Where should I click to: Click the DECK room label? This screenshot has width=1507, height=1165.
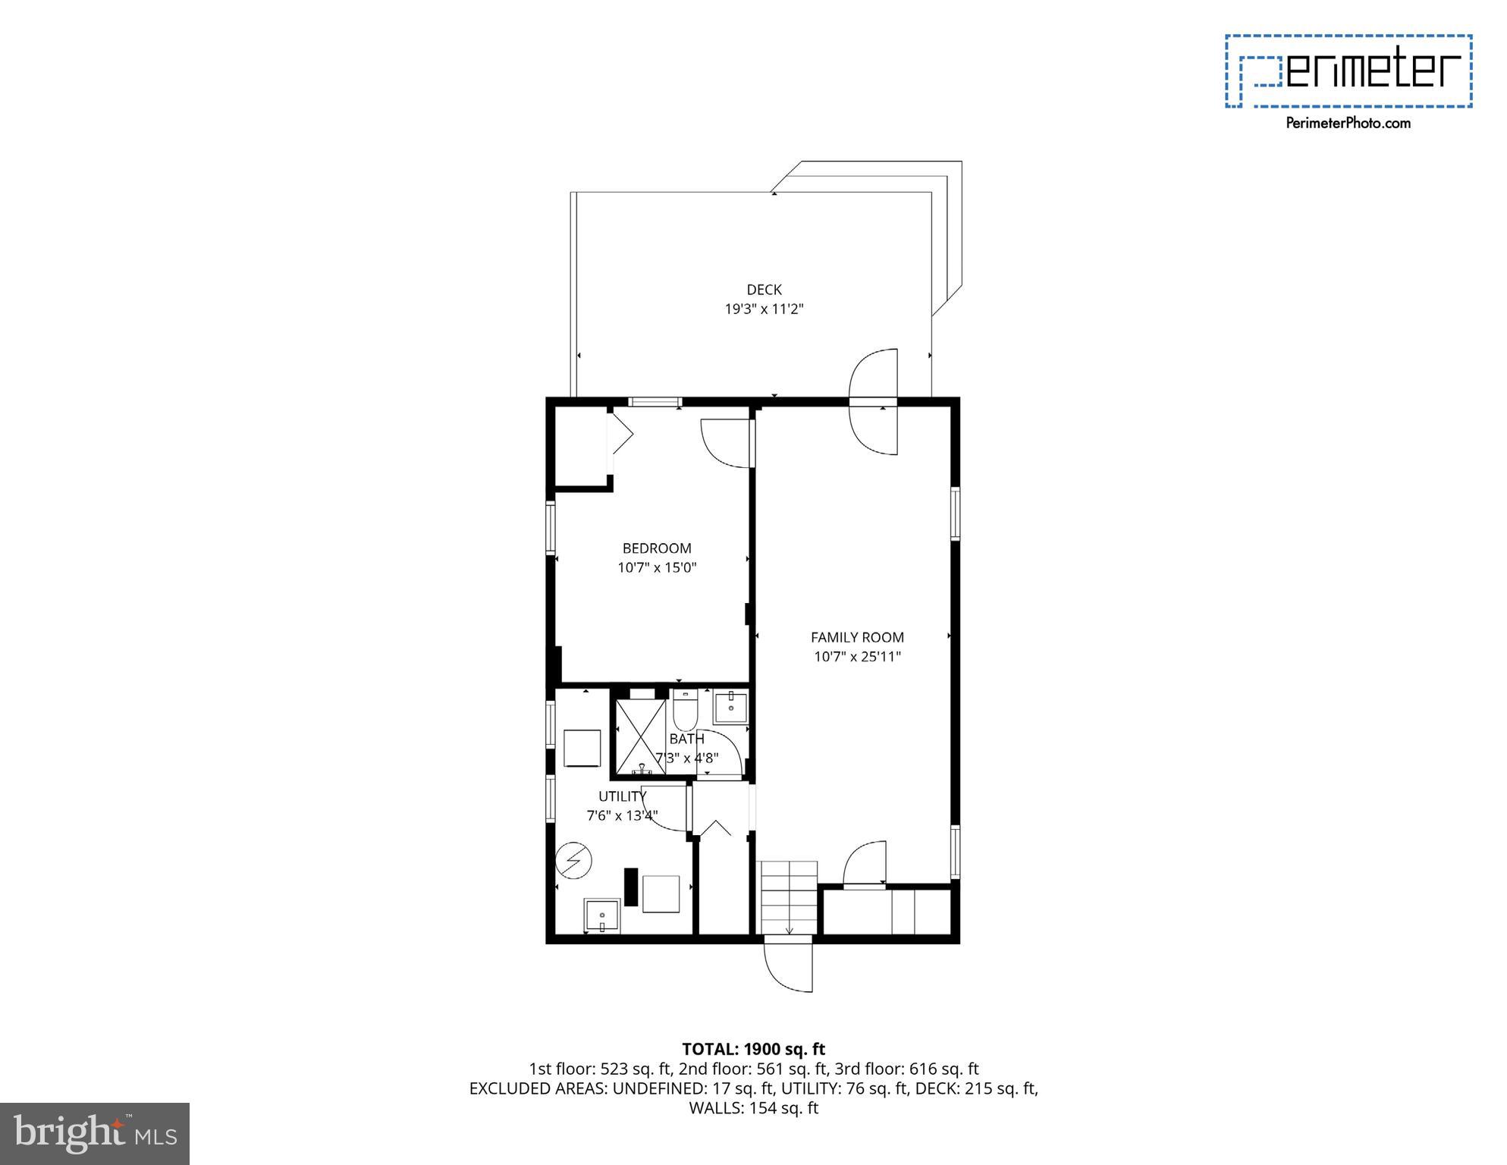(764, 289)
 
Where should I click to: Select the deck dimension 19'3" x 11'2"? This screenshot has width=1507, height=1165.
(764, 309)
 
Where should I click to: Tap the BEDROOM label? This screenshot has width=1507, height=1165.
(657, 548)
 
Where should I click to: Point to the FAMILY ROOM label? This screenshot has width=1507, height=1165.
(857, 637)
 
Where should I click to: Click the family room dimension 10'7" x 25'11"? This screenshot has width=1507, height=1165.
(857, 657)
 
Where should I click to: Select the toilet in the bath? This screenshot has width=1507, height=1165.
(685, 708)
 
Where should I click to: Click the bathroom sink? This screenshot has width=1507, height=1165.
(730, 708)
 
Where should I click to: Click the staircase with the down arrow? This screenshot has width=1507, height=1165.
(789, 898)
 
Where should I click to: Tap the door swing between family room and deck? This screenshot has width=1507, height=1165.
(874, 402)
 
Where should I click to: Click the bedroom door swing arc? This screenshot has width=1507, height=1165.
(724, 443)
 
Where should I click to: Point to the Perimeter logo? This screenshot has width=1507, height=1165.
(1348, 71)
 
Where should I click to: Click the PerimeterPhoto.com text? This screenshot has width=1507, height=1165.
(1348, 123)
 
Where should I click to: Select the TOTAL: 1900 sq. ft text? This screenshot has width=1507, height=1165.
(753, 1049)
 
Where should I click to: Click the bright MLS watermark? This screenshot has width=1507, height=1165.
(95, 1133)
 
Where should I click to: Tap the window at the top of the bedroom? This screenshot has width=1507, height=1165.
(655, 402)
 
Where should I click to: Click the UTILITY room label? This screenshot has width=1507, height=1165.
(622, 796)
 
